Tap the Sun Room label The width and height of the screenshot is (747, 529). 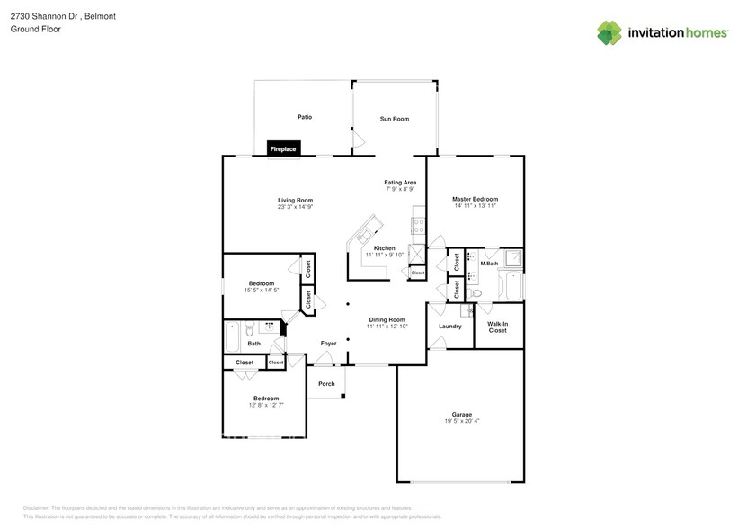(394, 119)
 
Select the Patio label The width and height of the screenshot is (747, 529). (305, 117)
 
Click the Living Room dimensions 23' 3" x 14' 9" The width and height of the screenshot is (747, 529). (295, 207)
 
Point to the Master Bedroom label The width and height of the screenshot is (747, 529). (475, 199)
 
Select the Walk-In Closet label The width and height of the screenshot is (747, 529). (497, 327)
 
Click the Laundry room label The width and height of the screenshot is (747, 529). (450, 326)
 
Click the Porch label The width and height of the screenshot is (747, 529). (326, 384)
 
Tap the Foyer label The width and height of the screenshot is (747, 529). (328, 344)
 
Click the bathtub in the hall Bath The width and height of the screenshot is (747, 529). (231, 336)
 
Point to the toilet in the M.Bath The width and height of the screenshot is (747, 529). (477, 292)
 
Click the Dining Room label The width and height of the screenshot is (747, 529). (387, 319)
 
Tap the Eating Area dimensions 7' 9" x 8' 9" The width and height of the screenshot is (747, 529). (400, 189)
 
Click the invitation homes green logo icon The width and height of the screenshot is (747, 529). (609, 33)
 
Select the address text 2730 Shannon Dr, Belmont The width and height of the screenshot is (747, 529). (49, 16)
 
